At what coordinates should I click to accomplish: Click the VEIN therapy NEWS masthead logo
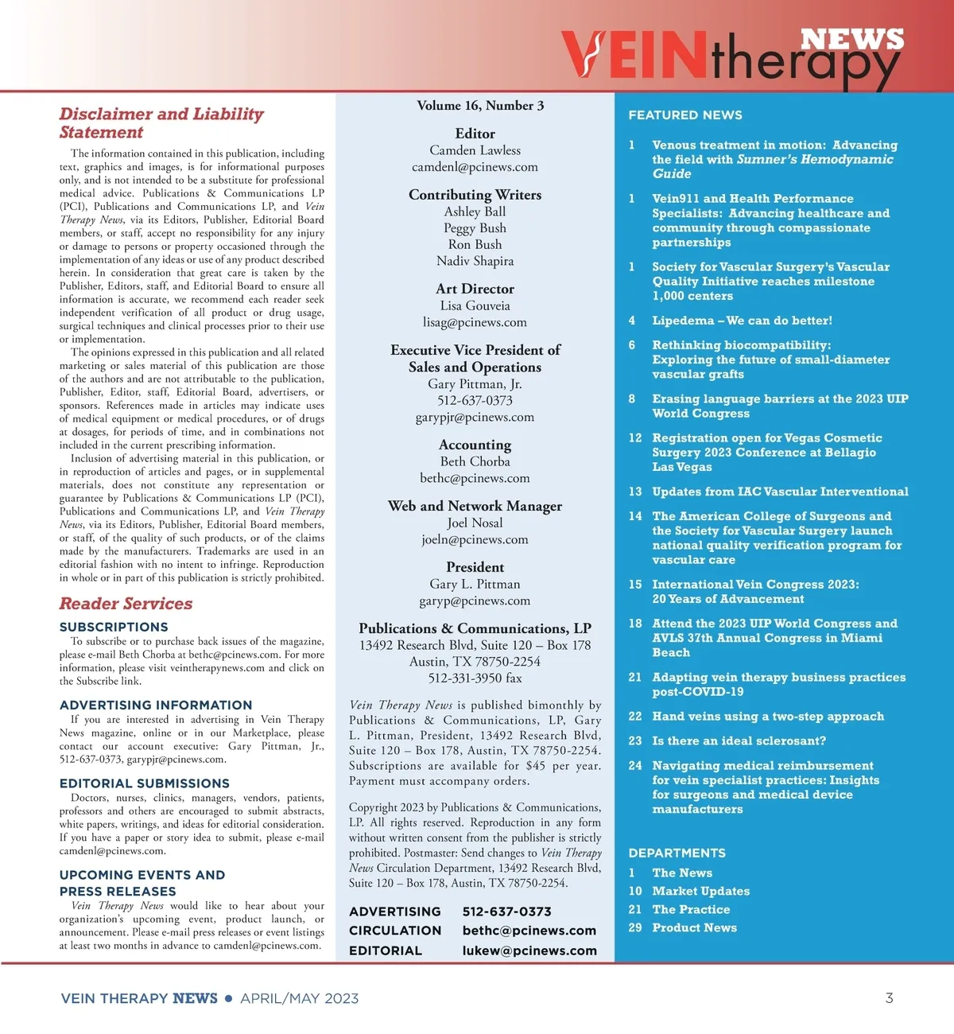732,56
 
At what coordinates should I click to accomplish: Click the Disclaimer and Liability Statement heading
161,123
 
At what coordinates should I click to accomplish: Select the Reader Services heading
126,604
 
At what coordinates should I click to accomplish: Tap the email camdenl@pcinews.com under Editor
475,167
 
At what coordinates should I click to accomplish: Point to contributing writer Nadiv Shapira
475,261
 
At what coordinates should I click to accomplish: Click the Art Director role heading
475,289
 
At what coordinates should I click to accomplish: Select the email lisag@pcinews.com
475,322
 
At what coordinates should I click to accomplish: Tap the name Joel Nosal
475,523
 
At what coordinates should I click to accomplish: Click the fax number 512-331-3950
475,678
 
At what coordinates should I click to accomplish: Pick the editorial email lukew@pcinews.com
529,950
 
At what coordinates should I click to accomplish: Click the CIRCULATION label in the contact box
395,931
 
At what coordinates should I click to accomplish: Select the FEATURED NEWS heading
685,115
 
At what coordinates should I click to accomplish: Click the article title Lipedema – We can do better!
742,321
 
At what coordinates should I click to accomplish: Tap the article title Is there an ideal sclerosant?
739,741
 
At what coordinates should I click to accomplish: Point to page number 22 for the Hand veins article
634,717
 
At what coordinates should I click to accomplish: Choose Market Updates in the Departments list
700,891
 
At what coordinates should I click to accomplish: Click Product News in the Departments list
694,927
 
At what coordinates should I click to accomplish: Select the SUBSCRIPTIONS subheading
114,627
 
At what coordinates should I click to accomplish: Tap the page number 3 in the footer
889,998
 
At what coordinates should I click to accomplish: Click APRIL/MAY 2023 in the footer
300,998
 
